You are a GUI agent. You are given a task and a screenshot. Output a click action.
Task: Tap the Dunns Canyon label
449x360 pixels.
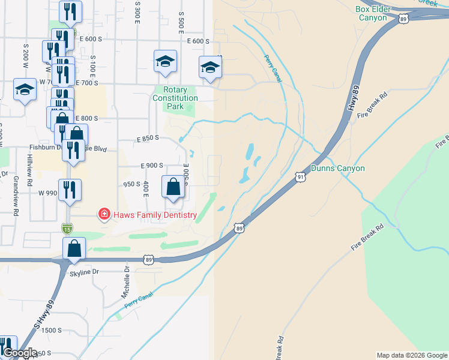pos(338,169)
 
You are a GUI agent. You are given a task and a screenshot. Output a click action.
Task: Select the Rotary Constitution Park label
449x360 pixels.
pos(175,98)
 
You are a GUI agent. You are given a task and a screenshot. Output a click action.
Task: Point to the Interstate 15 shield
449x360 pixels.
pos(66,228)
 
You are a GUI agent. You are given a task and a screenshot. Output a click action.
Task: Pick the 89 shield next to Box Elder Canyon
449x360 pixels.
pos(402,19)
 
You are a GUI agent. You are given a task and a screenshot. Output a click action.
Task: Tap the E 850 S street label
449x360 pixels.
pos(147,139)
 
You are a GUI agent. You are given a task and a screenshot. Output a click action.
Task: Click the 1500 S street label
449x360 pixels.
pos(52,331)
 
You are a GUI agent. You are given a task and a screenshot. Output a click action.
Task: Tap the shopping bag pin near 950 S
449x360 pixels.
pos(173,187)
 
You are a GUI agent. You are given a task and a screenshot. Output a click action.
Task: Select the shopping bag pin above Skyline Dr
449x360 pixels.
pos(74,248)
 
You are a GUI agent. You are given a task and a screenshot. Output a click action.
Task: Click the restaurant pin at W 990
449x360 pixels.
pos(70,190)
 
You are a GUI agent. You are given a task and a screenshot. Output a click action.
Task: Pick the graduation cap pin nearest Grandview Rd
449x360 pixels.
pos(25,90)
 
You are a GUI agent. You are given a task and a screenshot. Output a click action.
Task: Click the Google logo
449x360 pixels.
pos(19,353)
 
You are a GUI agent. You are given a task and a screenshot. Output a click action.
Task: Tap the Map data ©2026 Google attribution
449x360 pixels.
pos(412,355)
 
